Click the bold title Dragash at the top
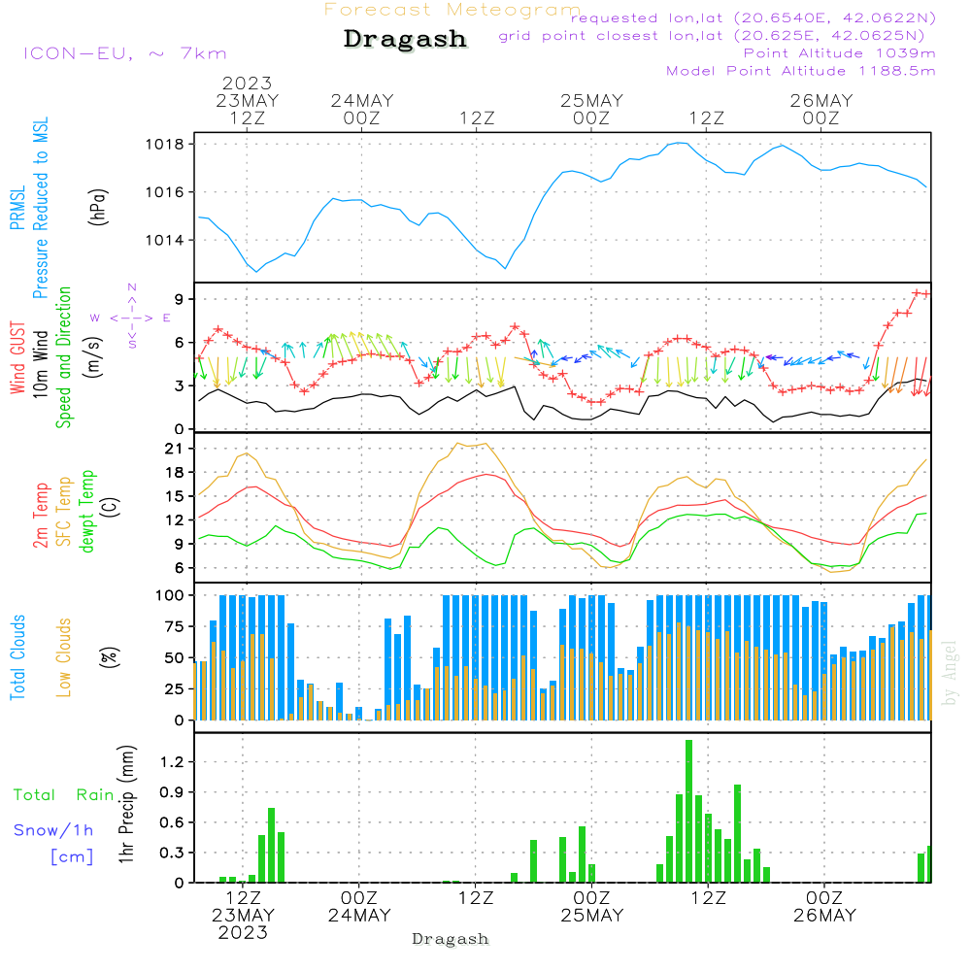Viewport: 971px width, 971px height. [x=405, y=40]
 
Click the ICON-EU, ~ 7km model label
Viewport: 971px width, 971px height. [x=124, y=53]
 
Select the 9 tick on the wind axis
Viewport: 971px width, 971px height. [x=181, y=298]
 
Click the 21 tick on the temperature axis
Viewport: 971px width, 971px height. [x=176, y=449]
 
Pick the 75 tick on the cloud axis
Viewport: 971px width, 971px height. [x=176, y=626]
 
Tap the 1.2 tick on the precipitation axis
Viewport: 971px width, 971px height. [x=172, y=762]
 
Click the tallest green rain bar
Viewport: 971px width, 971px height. [x=688, y=811]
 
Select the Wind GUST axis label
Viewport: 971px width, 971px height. [x=17, y=358]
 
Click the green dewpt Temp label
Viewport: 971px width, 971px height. [x=87, y=512]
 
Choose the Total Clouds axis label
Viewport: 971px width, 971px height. [x=17, y=657]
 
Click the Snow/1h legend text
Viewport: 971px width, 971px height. [x=53, y=830]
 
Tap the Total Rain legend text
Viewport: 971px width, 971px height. [x=63, y=794]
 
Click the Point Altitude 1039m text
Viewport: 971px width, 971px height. [x=839, y=53]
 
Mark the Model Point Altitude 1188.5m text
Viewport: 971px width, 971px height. [x=800, y=71]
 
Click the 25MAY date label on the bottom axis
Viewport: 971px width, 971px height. [x=591, y=916]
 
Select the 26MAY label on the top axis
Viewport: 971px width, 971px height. [x=820, y=101]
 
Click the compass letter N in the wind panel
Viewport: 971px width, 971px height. [x=132, y=287]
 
